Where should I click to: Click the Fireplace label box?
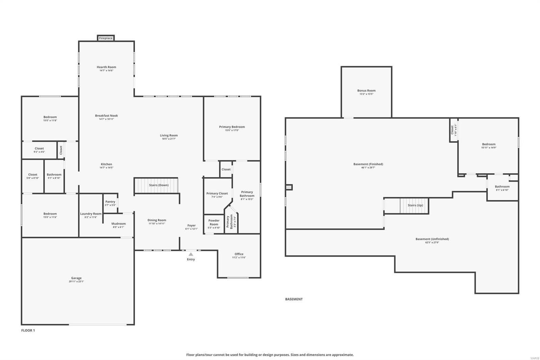106,38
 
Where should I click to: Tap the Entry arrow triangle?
191,254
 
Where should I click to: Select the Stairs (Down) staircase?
156,185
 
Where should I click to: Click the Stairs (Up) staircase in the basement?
414,205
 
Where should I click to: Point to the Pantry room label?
110,202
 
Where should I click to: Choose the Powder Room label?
214,222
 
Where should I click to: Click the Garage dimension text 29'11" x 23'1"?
76,281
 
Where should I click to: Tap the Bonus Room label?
366,91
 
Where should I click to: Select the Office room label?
239,254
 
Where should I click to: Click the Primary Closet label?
217,194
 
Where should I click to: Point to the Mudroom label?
118,224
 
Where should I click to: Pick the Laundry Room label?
91,214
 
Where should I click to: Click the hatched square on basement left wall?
289,187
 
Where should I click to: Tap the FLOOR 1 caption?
28,330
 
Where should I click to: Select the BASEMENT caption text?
294,299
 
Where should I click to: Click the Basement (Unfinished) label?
432,239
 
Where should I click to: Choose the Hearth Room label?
106,67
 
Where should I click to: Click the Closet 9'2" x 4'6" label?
39,149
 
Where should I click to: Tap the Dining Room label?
157,220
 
